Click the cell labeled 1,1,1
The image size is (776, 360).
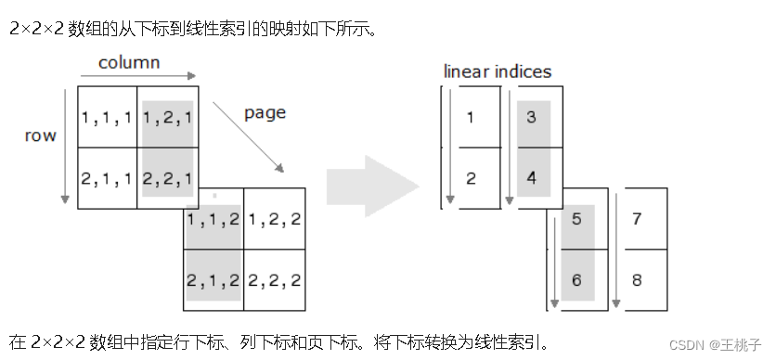tap(108, 118)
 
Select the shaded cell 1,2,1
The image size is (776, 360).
tap(167, 118)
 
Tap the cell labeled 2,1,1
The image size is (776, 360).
tap(108, 178)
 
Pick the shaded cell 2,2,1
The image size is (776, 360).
tap(167, 178)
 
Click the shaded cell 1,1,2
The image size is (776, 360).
tap(214, 220)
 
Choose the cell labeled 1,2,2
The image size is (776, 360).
tap(274, 220)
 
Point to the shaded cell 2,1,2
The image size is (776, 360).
tap(214, 280)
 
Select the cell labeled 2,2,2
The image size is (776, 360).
tap(274, 280)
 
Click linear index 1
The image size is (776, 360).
tap(471, 118)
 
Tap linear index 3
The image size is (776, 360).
tap(532, 118)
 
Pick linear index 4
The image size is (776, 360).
tap(532, 178)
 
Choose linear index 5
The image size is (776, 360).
tap(576, 220)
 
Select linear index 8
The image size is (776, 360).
tap(637, 280)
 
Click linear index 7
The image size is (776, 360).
tap(637, 220)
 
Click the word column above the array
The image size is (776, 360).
tap(129, 63)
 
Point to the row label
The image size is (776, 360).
tap(40, 135)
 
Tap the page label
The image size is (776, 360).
tap(265, 113)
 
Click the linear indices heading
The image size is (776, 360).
tap(497, 71)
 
